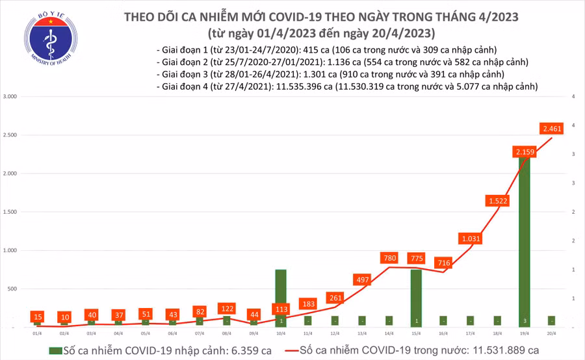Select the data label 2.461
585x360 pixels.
coord(552,129)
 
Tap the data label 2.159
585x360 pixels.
coord(524,152)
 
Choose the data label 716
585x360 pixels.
coord(443,263)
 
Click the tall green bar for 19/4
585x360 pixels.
coord(525,247)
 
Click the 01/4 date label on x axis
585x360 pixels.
coord(38,333)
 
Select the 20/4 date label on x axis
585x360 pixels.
coord(552,333)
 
